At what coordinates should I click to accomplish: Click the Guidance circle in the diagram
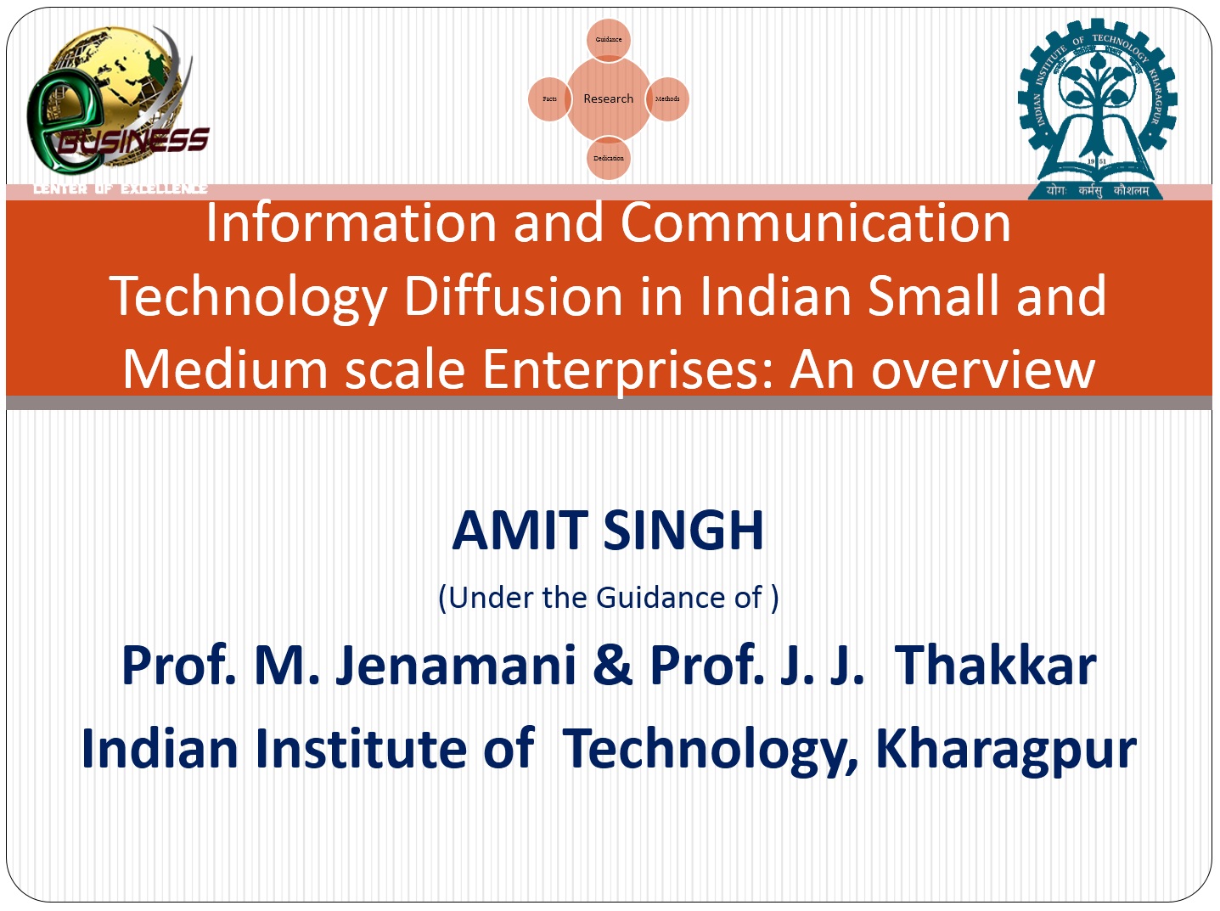609,39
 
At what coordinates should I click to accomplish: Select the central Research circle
609,99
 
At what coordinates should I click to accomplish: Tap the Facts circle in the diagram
549,99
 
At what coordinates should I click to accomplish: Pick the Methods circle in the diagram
667,99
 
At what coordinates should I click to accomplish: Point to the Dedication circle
609,159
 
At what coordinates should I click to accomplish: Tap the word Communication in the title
815,223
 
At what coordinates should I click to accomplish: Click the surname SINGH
683,531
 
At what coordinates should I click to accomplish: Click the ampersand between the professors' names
612,666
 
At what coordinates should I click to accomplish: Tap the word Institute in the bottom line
361,748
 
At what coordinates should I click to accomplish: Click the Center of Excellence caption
121,189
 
